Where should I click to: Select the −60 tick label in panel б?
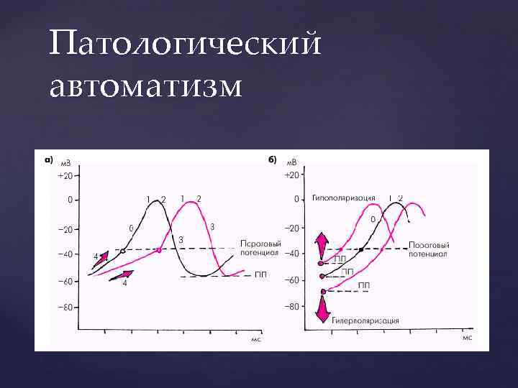click(x=291, y=280)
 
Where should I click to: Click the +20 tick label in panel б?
click(x=291, y=175)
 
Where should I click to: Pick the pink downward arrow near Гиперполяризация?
click(x=322, y=309)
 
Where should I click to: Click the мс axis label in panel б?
click(x=466, y=338)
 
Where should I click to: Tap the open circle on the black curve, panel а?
click(x=123, y=251)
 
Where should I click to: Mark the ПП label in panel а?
click(x=260, y=274)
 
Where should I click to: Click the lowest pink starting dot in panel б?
click(x=323, y=291)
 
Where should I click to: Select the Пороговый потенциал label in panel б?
click(x=428, y=249)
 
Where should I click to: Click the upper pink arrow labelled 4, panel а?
click(x=101, y=257)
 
